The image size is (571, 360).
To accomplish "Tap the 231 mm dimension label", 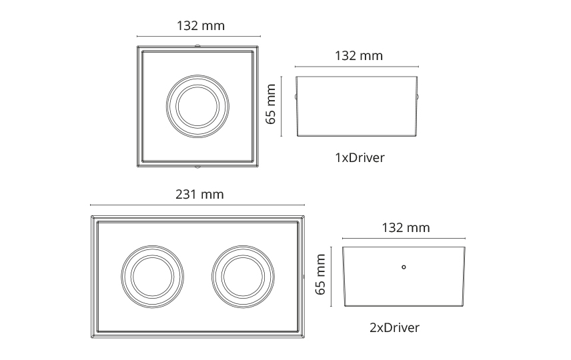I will coord(199,195).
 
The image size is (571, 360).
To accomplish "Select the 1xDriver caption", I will coord(360,158).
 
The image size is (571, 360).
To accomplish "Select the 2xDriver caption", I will coord(394,327).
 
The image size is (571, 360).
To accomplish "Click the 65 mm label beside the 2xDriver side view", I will coord(320,274).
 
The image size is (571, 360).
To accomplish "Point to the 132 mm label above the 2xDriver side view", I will coord(406,227).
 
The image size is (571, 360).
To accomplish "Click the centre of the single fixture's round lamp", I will coord(197,106).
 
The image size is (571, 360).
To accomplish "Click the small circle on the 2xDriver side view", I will coord(404,268).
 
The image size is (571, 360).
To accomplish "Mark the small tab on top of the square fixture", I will coord(197,45).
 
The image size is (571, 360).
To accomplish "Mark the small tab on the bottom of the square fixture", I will coord(197,166).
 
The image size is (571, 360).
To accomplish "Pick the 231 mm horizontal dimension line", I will coord(197,205).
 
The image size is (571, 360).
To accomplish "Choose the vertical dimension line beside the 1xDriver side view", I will coord(282,107).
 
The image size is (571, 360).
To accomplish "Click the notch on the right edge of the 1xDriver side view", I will coord(418,97).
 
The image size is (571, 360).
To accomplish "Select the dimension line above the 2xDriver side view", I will coord(404,238).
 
